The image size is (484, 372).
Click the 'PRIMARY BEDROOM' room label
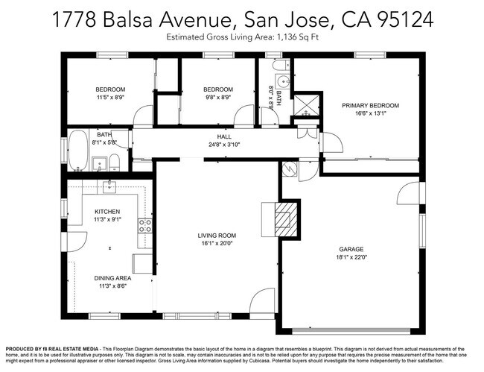point(370,106)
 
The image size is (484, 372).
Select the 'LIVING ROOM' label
point(216,236)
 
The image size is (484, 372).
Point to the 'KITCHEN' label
point(107,212)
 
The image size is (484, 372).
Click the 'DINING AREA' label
point(112,277)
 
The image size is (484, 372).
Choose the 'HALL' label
point(224,137)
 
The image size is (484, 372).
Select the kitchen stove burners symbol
point(145,226)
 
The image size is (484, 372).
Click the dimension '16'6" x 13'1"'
point(370,114)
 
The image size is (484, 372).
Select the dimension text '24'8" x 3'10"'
point(224,145)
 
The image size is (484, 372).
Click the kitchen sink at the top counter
point(109,184)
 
